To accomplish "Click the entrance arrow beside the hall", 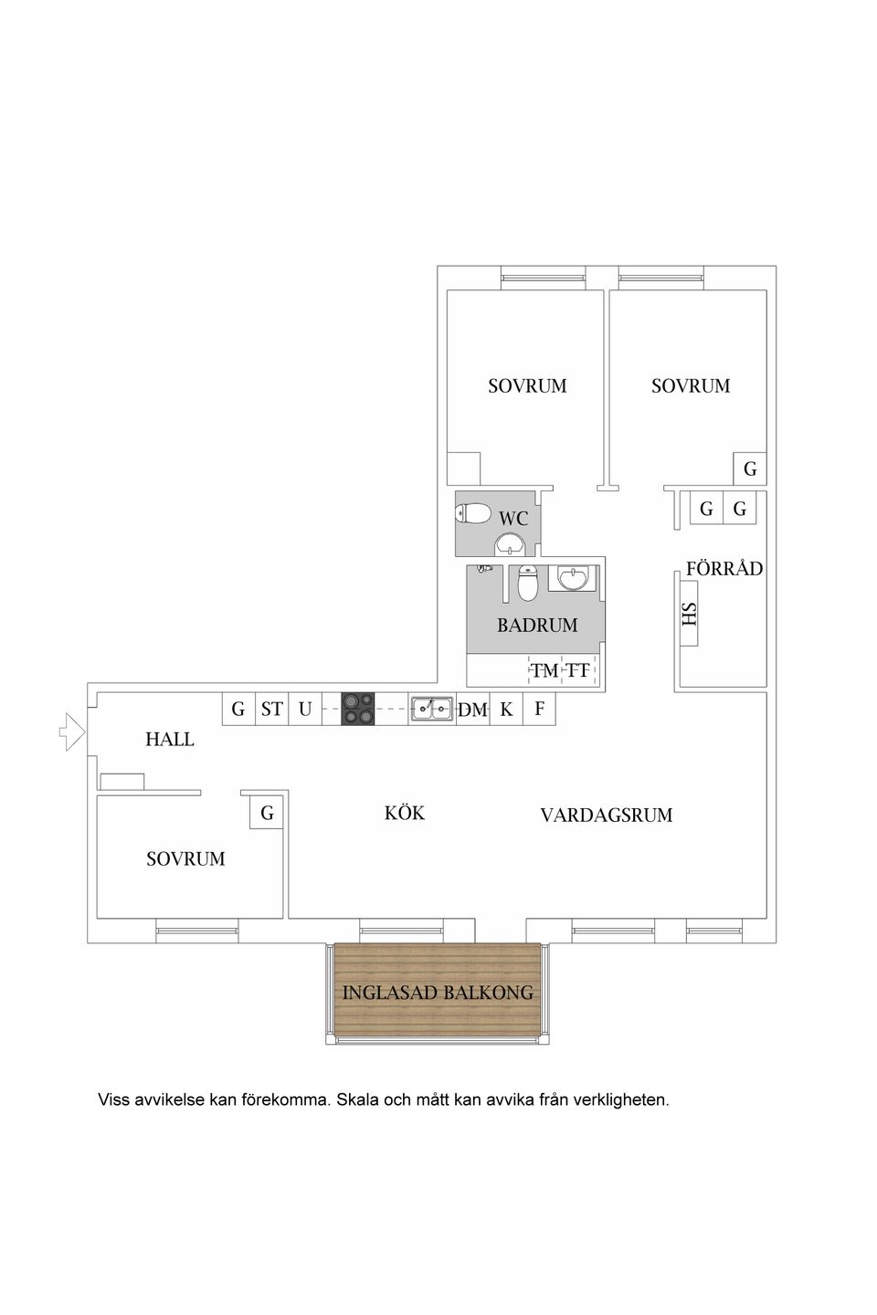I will [71, 732].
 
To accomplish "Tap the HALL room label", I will [170, 740].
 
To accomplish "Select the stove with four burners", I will [358, 709].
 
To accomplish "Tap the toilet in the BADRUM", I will [527, 584].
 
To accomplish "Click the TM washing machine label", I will [544, 671].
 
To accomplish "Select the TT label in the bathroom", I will [577, 671].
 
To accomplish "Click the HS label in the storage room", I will [690, 615].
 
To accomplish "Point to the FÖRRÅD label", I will [724, 569].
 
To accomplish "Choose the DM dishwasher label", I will [472, 710].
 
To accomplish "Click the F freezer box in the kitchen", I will [539, 709].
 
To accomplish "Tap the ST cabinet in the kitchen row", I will [271, 709].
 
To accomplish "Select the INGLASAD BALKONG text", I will [438, 993].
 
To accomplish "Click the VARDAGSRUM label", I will [606, 815].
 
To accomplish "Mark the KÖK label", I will [405, 813].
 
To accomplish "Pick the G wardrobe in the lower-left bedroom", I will [267, 813].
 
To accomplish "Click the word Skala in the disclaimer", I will [357, 1100].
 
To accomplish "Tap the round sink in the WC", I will [509, 546].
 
